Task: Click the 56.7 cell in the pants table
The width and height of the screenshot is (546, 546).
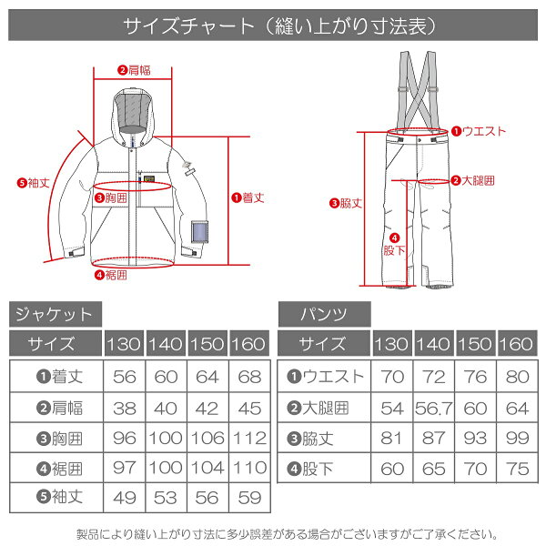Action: coord(433,408)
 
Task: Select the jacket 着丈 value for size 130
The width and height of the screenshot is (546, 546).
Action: coord(125,377)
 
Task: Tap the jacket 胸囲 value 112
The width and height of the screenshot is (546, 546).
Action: coord(249,438)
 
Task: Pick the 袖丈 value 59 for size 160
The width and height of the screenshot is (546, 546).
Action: coord(249,498)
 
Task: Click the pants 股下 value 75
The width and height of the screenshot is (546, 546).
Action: coord(518,469)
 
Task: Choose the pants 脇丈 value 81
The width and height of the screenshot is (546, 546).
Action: coord(391,438)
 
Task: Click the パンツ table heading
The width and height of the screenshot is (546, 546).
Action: coord(324,315)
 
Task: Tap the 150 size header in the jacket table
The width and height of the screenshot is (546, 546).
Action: coord(207,344)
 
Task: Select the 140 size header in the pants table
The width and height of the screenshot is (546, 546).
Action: coord(434,344)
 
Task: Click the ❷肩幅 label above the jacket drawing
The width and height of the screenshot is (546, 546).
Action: coord(134,70)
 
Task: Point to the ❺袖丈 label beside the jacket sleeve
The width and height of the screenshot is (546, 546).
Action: coord(34,183)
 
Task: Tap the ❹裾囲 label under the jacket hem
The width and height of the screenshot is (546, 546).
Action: coord(111,275)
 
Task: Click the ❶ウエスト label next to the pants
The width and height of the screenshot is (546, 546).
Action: coord(479,131)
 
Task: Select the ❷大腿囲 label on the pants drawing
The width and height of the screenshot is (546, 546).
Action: coord(472,180)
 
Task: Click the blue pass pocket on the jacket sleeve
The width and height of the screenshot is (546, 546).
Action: coord(199,231)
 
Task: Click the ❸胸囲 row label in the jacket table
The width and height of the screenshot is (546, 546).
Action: coord(59,439)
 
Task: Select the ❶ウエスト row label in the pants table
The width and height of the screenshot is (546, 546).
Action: coord(325,377)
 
